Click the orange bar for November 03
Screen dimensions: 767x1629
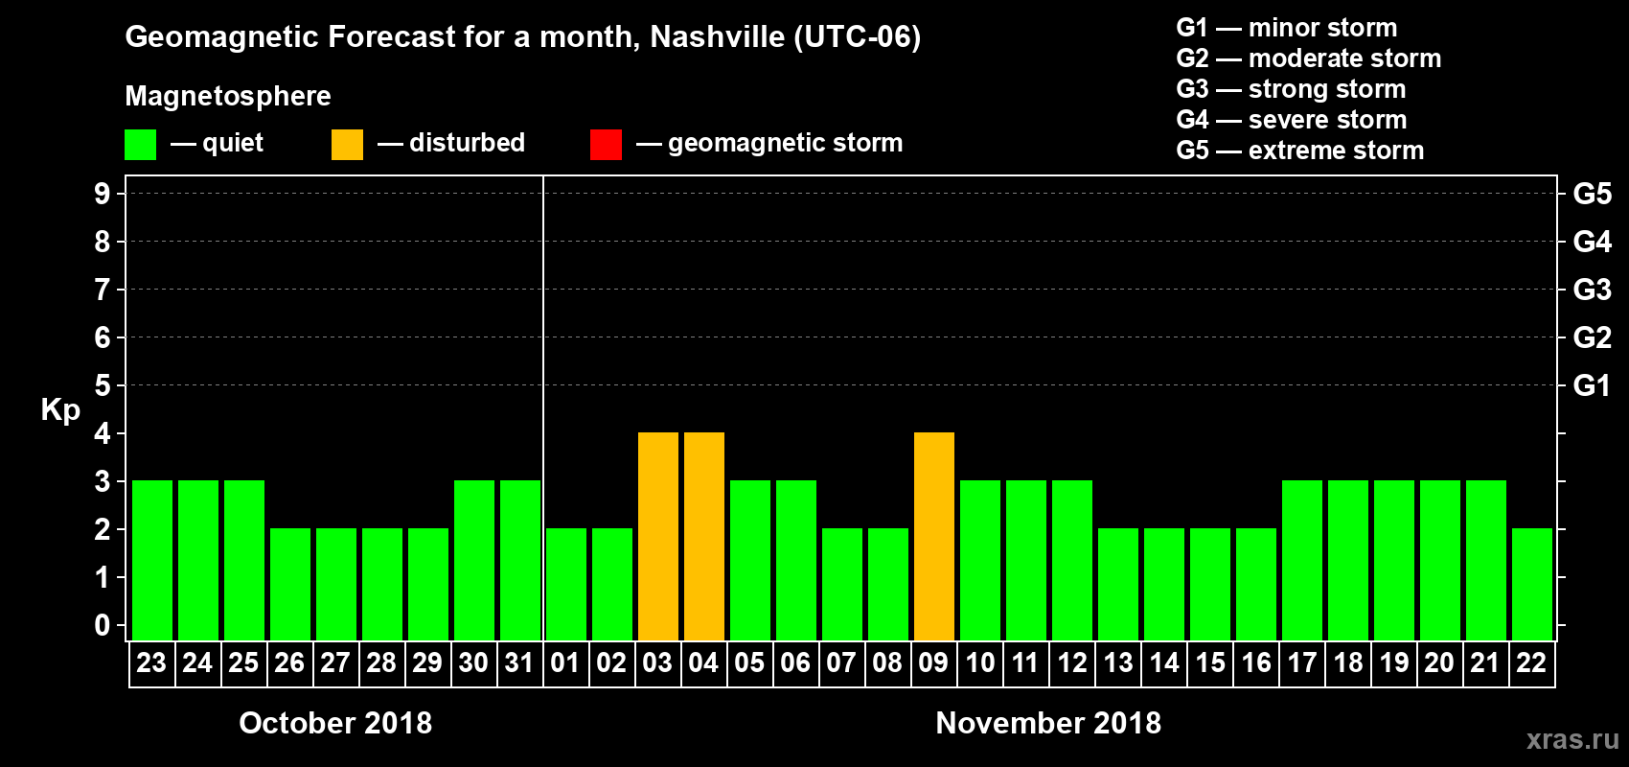click(658, 536)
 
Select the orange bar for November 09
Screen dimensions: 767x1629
click(934, 536)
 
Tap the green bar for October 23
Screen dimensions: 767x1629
click(152, 560)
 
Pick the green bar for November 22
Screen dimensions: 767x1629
click(1532, 584)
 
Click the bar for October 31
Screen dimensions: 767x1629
click(520, 560)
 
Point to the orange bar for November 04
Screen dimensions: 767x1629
click(704, 536)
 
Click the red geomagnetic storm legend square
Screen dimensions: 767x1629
click(606, 145)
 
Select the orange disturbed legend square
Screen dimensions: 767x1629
click(347, 145)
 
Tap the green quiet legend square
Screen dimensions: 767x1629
click(140, 145)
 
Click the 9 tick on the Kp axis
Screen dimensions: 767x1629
click(103, 194)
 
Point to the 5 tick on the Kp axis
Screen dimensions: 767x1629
click(103, 385)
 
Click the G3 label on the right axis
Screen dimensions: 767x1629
click(1592, 290)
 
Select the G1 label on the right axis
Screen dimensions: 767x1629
click(1592, 385)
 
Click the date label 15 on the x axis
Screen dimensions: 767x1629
click(1210, 662)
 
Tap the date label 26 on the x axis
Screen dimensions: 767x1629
click(289, 662)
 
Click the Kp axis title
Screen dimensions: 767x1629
click(60, 409)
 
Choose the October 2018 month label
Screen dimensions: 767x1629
click(335, 723)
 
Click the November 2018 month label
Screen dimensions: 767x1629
click(1048, 723)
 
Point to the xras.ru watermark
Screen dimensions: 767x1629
click(1572, 739)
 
